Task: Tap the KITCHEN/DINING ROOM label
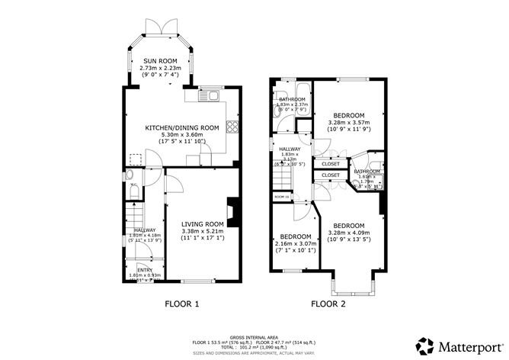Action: (182, 128)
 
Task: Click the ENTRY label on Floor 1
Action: (144, 269)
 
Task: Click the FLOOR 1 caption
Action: (182, 304)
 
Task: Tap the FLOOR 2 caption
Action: (328, 304)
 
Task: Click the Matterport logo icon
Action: (424, 344)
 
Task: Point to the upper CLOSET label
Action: (331, 164)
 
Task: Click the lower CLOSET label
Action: (331, 175)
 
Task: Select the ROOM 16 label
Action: (282, 197)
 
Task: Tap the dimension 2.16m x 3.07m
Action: (295, 243)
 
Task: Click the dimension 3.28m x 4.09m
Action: (348, 233)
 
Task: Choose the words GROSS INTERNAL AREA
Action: (254, 336)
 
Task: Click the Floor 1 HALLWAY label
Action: (145, 230)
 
